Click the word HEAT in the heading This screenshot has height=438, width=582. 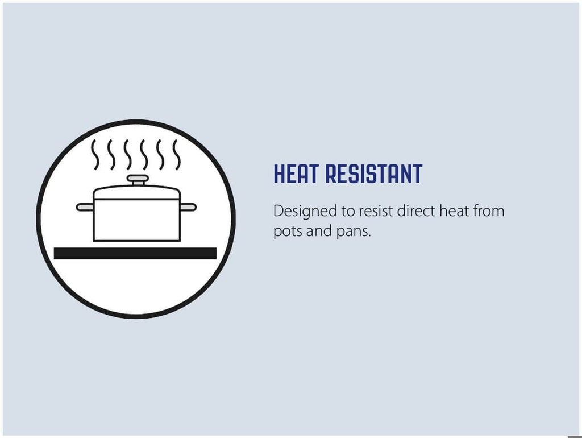pyautogui.click(x=296, y=173)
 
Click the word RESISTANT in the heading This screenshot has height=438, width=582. pyautogui.click(x=374, y=173)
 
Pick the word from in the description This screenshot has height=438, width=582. pyautogui.click(x=488, y=211)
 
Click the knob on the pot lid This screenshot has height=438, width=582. pyautogui.click(x=138, y=180)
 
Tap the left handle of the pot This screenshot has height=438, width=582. pyautogui.click(x=85, y=207)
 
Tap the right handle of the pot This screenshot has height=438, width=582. pyautogui.click(x=188, y=207)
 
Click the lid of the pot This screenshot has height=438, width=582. pyautogui.click(x=137, y=192)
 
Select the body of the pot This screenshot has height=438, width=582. pyautogui.click(x=137, y=220)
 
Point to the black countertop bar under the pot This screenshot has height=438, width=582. pyautogui.click(x=135, y=253)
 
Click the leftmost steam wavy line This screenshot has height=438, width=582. pyautogui.click(x=95, y=155)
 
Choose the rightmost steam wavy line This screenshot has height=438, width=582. pyautogui.click(x=177, y=155)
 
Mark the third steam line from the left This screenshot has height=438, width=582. pyautogui.click(x=128, y=155)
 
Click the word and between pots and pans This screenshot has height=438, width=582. pyautogui.click(x=319, y=231)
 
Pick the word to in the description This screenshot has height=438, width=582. pyautogui.click(x=347, y=212)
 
